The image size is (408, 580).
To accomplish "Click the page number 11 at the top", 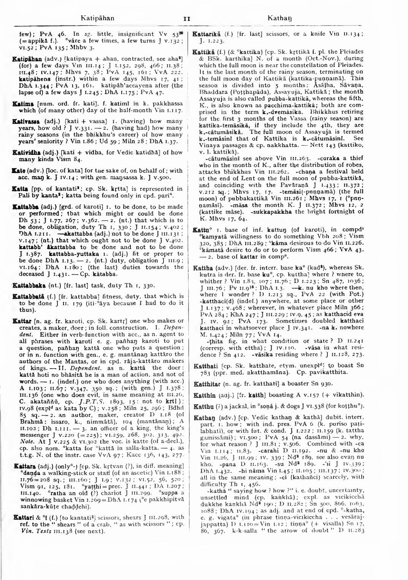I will [x=186, y=18].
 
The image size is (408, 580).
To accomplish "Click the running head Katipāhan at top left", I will [x=98, y=18].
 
